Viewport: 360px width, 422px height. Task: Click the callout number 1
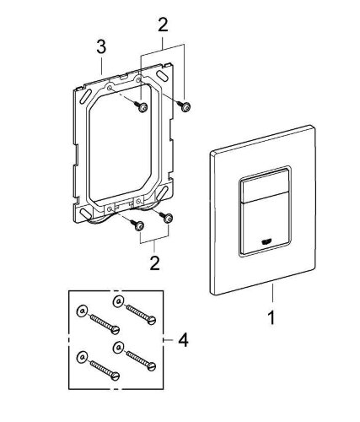(271, 317)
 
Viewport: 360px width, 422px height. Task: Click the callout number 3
(101, 46)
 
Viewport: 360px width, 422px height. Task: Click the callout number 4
(183, 340)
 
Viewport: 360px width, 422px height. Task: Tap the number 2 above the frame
(163, 24)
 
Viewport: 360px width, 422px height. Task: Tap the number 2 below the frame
(155, 263)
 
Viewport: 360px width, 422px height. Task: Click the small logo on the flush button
(266, 241)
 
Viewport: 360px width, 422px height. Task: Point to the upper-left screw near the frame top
(141, 107)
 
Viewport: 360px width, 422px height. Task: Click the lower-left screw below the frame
(137, 225)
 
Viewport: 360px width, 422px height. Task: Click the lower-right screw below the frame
(167, 217)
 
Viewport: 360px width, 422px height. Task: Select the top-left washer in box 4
(82, 311)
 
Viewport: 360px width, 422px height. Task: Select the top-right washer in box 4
(118, 301)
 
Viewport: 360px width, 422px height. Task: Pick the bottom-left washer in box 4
(82, 357)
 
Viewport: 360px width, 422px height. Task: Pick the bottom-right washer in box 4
(118, 348)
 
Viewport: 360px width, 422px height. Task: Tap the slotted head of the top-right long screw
(152, 320)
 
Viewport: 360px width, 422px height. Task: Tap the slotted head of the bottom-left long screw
(116, 376)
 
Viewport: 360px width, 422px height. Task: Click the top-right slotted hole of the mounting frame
(162, 75)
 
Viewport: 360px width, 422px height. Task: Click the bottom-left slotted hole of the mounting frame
(85, 214)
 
